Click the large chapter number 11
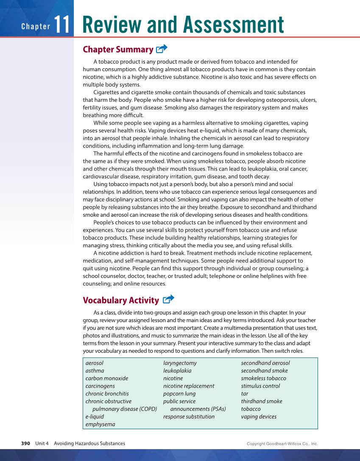pos(62,25)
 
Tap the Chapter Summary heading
pos(118,50)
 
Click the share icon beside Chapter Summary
pos(162,49)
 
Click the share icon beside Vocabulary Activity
pos(168,299)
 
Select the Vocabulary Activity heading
pos(121,300)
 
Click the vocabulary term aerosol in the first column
pos(94,363)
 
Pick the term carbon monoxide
pos(106,378)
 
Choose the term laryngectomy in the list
pos(180,363)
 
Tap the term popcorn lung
pos(179,394)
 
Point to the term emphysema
pos(100,424)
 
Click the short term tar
pos(245,394)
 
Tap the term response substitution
pos(189,416)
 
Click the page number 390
pos(26,444)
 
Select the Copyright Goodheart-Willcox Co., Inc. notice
pos(282,444)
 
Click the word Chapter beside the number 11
pos(36,27)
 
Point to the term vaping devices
pos(259,416)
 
